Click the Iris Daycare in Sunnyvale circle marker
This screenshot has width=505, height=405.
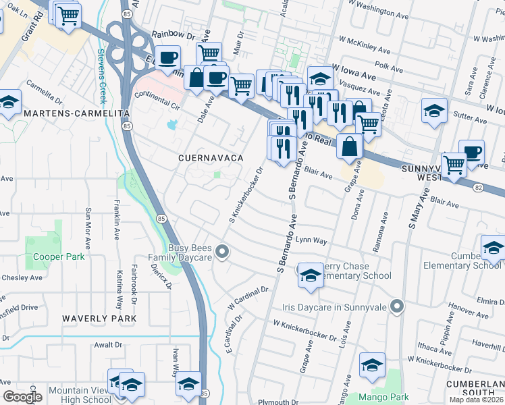tap(397, 306)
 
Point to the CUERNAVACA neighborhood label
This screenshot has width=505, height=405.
tap(210, 157)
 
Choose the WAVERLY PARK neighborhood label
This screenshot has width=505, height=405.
tap(99, 318)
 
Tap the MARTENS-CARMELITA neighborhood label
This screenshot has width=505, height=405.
tap(76, 114)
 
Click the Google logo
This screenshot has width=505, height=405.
tap(22, 397)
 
